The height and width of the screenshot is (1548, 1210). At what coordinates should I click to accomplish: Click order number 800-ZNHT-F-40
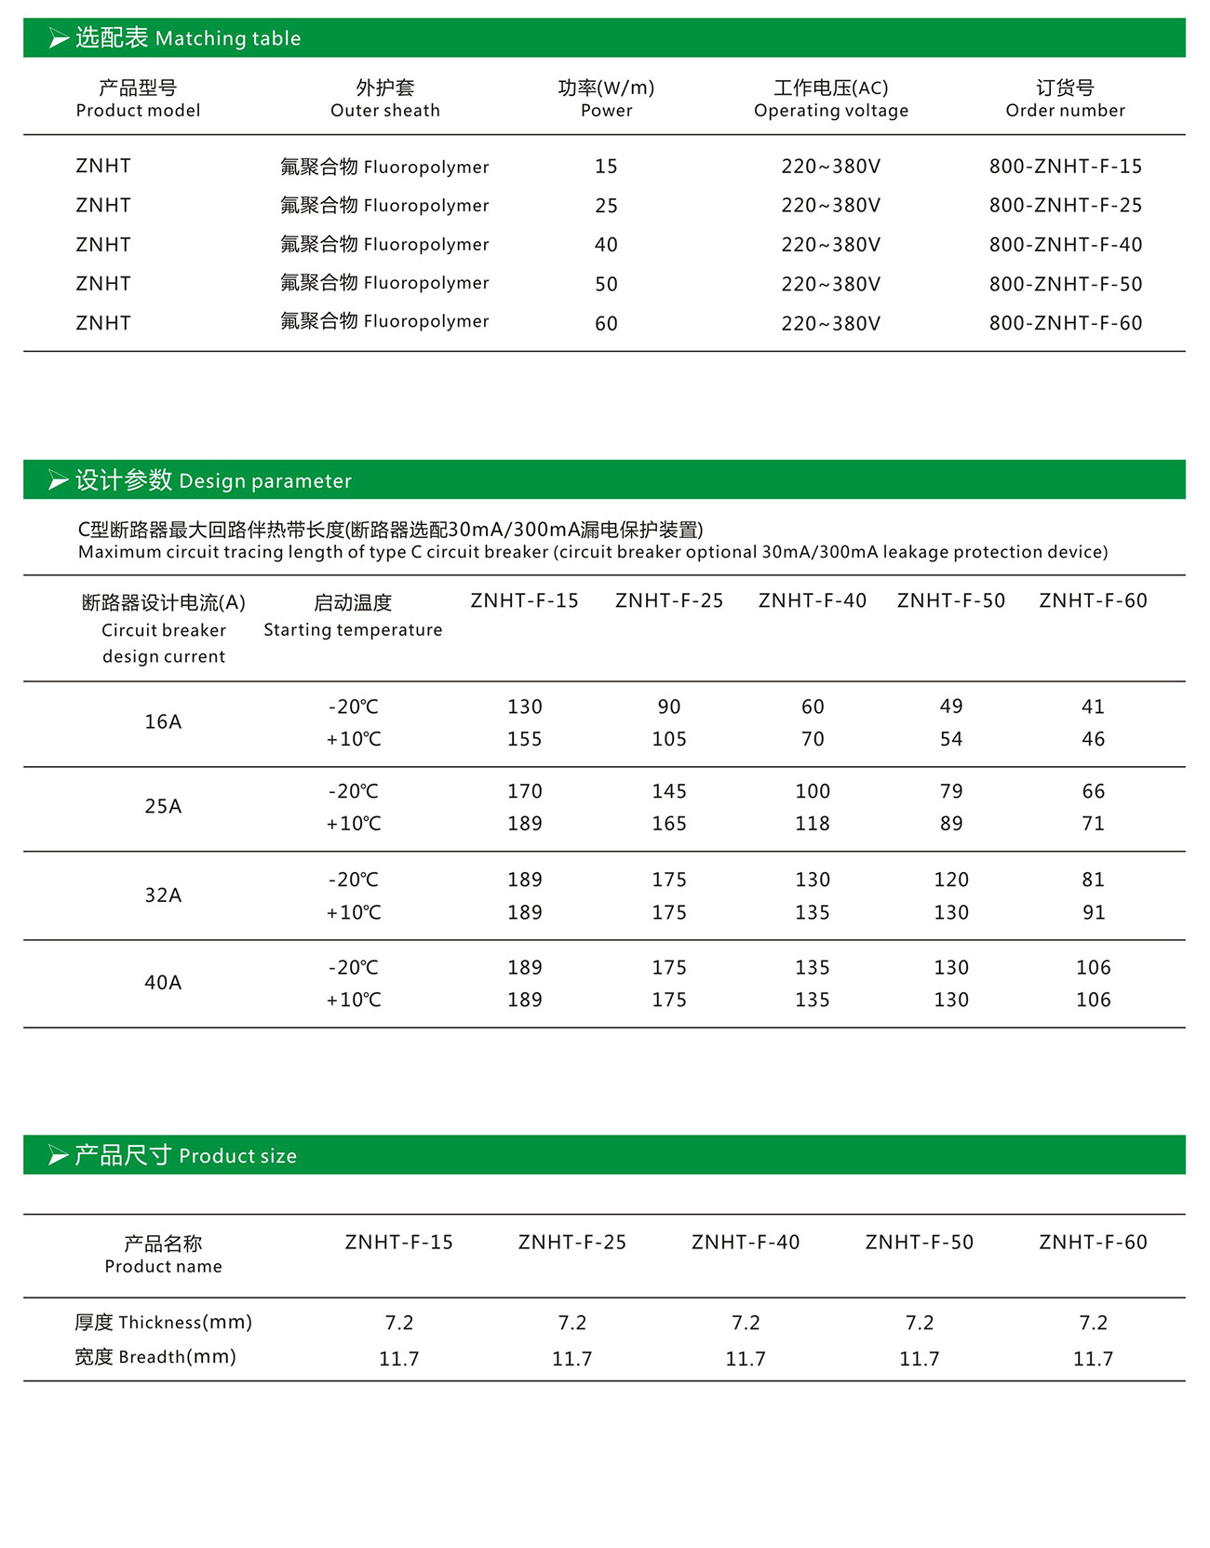[x=1065, y=245]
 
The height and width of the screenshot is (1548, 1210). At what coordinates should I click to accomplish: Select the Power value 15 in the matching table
[x=606, y=167]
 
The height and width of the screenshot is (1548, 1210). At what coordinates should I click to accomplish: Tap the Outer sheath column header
[x=385, y=99]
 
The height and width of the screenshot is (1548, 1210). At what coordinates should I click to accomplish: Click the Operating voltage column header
[x=830, y=99]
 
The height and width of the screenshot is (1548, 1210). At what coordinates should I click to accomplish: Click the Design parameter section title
[x=213, y=480]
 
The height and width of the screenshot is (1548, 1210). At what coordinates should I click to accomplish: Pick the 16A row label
[x=163, y=722]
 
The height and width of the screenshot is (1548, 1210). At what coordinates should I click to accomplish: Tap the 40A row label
[x=163, y=983]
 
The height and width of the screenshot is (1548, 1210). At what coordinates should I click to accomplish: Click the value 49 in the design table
[x=950, y=707]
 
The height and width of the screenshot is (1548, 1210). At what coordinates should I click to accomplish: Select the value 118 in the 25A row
[x=812, y=824]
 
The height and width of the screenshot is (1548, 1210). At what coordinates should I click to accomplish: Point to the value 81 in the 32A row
[x=1093, y=880]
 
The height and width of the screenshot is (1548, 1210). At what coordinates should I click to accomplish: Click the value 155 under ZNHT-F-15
[x=524, y=739]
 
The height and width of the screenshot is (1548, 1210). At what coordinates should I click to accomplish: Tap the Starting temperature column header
[x=353, y=616]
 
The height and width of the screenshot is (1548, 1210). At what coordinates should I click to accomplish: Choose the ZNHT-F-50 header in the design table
[x=950, y=601]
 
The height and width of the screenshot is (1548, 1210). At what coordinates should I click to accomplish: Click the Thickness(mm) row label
[x=163, y=1323]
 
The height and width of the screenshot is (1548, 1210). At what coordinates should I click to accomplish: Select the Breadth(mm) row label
[x=155, y=1357]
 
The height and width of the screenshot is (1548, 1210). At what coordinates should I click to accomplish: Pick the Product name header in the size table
[x=163, y=1254]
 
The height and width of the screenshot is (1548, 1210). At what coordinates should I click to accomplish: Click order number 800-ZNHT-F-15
[x=1065, y=167]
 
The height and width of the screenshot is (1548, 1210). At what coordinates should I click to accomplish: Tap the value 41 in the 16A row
[x=1093, y=707]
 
